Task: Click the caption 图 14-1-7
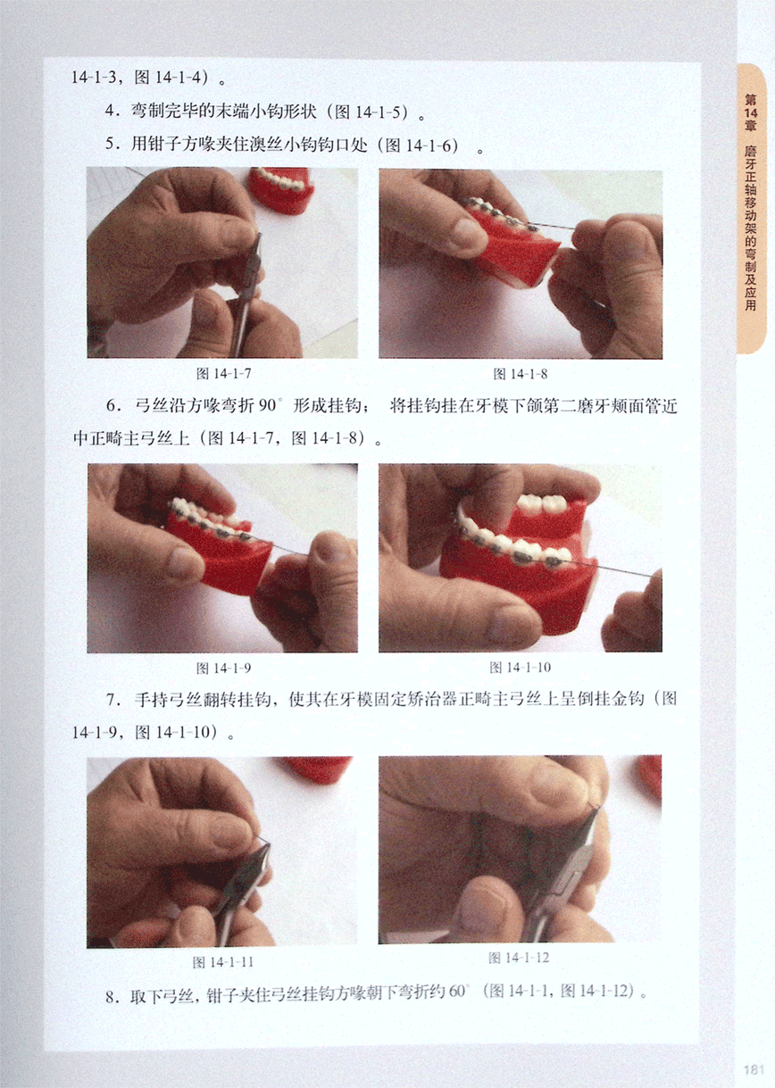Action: coord(223,373)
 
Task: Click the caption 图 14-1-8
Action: coord(521,373)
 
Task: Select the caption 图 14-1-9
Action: coord(223,669)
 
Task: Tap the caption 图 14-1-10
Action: coord(521,668)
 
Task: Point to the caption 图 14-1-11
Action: coord(223,962)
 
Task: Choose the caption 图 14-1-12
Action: coord(519,958)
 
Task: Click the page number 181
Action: coord(754,1069)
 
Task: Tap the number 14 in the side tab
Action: coord(751,113)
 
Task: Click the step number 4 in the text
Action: coord(111,112)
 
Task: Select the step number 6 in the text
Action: coord(112,405)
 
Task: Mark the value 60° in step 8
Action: coord(457,991)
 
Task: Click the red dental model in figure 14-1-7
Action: coord(281,190)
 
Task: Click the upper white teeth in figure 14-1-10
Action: coord(544,503)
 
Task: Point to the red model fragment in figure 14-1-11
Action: coord(318,768)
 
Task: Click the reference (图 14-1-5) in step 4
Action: coord(371,112)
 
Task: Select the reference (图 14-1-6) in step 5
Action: coord(421,145)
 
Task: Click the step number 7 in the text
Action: coord(112,700)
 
